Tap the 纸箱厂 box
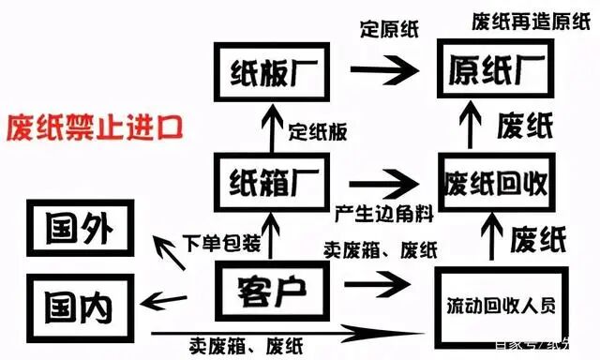coord(270,178)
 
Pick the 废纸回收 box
coord(494,180)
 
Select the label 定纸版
coord(318,130)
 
